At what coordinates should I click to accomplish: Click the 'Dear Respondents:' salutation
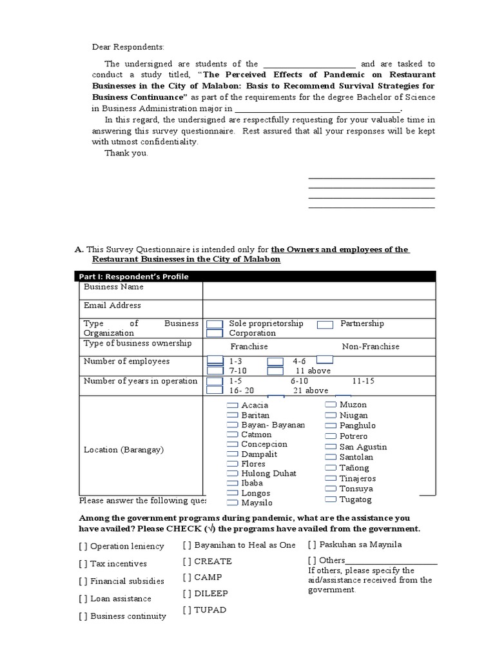[128, 47]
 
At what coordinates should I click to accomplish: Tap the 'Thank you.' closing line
[126, 153]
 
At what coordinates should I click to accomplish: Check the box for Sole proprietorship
[215, 324]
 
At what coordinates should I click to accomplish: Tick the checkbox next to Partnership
[325, 324]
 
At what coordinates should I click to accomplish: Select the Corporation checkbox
[215, 333]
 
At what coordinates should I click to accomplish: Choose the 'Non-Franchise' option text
[370, 346]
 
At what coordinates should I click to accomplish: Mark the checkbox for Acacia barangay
[233, 405]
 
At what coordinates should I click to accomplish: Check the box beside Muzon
[331, 404]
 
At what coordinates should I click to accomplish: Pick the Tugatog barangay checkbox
[331, 500]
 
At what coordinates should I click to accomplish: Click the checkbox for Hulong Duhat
[233, 473]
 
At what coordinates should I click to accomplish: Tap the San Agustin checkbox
[331, 447]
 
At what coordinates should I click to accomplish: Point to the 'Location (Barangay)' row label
[124, 450]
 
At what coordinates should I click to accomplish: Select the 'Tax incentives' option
[113, 563]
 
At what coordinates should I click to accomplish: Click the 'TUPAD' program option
[204, 610]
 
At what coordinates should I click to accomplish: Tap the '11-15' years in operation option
[363, 381]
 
